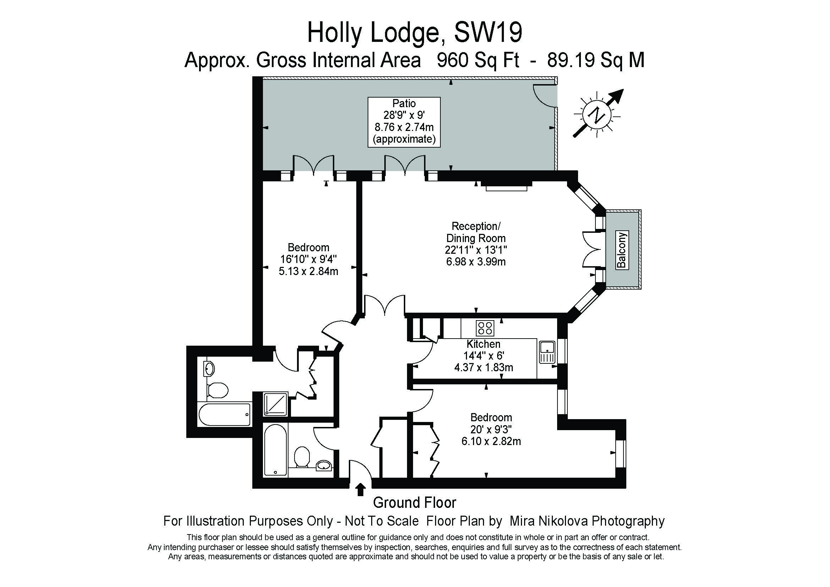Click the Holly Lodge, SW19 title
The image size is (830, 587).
coord(414,34)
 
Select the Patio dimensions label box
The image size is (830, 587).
coord(404,122)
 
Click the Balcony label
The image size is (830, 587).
coord(622,250)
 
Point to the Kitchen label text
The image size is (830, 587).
coord(483,344)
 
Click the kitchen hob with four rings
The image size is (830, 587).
coord(485,328)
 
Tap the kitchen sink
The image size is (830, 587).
coord(547,352)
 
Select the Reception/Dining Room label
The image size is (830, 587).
coord(476,232)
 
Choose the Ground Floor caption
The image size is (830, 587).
coord(414,503)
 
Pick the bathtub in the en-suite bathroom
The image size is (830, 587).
coord(225,414)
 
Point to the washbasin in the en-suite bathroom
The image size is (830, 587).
coord(209,368)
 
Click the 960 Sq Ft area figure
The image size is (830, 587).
coord(478,60)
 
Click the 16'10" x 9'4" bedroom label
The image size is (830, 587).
coord(308,259)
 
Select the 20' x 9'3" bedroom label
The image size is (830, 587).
coord(491,429)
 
